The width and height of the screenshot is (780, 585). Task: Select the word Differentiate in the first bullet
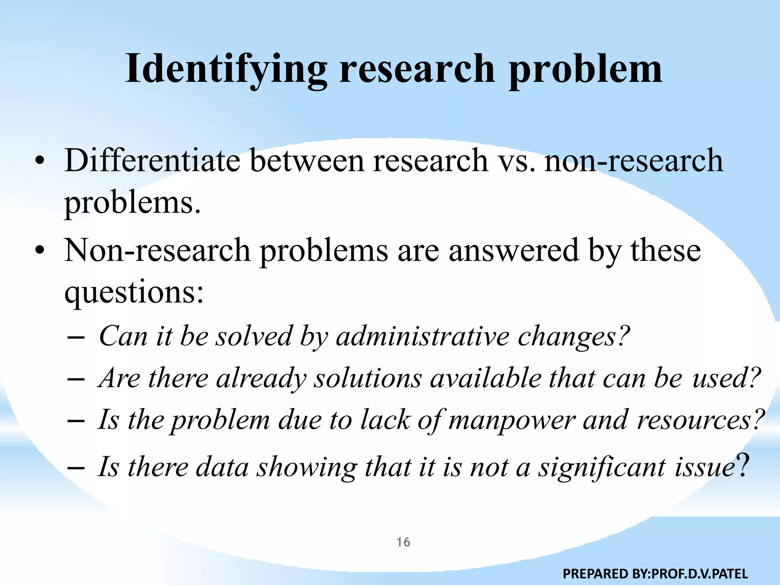(x=152, y=160)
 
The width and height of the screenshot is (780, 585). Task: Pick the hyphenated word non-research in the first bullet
(x=634, y=160)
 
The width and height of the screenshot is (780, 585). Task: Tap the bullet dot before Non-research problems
(x=39, y=251)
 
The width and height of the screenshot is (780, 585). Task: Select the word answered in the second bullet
(x=514, y=251)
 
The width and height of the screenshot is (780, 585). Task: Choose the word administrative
(x=422, y=337)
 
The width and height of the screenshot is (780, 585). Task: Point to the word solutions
(x=368, y=379)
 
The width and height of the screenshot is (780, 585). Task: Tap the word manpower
(x=511, y=420)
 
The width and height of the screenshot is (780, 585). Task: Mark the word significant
(x=602, y=468)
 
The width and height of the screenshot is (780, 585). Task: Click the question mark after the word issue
(x=743, y=465)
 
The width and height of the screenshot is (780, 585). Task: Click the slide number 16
(x=403, y=542)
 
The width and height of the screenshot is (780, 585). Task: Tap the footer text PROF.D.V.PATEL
(x=700, y=574)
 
